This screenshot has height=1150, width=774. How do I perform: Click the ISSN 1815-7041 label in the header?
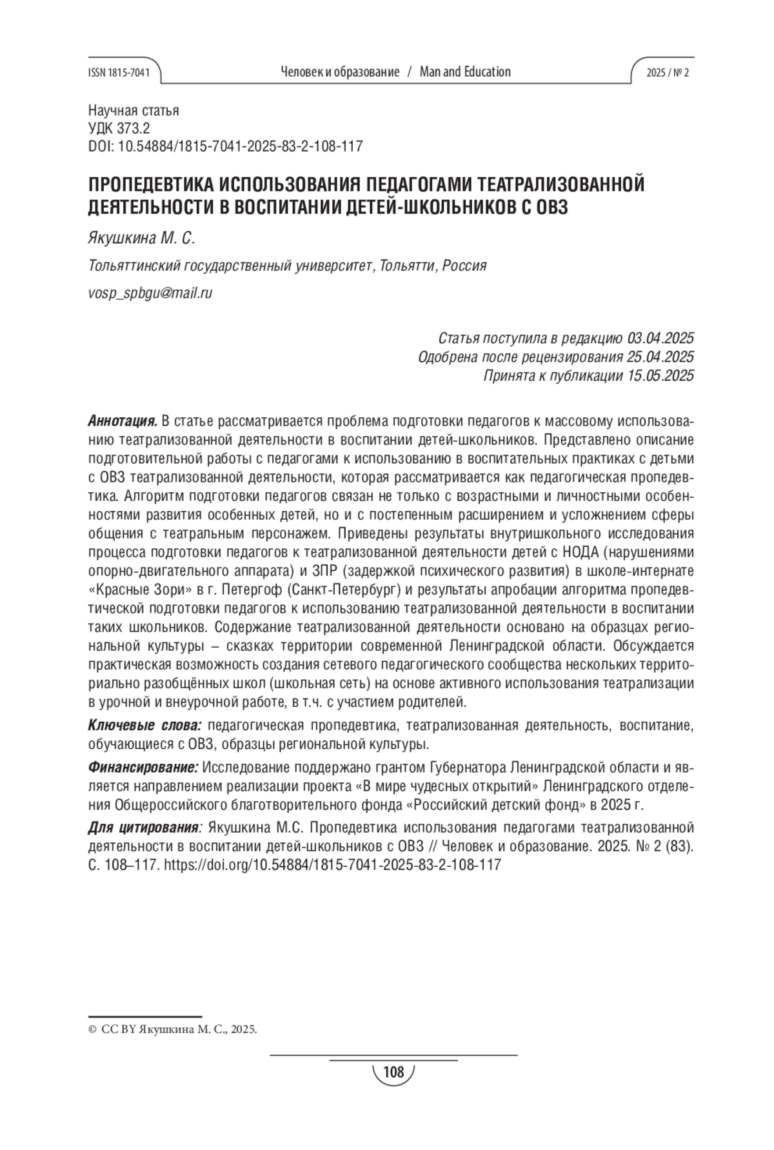(118, 72)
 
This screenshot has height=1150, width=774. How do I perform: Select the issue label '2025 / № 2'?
(668, 72)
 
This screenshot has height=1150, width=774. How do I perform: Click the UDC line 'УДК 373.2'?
(119, 128)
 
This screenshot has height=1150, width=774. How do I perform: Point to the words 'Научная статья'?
(133, 110)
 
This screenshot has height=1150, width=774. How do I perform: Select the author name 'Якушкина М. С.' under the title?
(141, 239)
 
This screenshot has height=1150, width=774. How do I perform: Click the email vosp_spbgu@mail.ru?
(150, 293)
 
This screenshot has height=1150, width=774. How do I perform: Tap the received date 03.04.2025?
(660, 338)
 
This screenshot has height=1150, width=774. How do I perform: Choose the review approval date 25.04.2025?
(660, 357)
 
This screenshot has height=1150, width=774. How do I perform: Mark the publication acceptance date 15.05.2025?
(660, 375)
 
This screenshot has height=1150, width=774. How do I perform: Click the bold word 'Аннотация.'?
(123, 422)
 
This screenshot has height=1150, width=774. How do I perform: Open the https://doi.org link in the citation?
(333, 865)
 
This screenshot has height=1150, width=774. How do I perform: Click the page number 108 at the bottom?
(393, 1072)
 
